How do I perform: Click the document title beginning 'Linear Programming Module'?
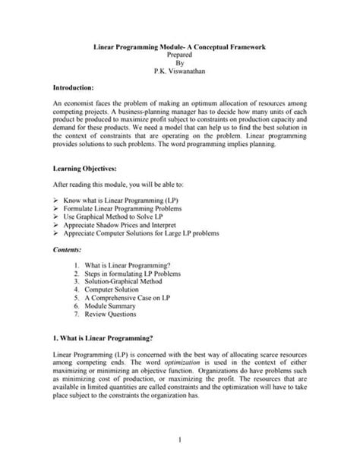tap(179, 48)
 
